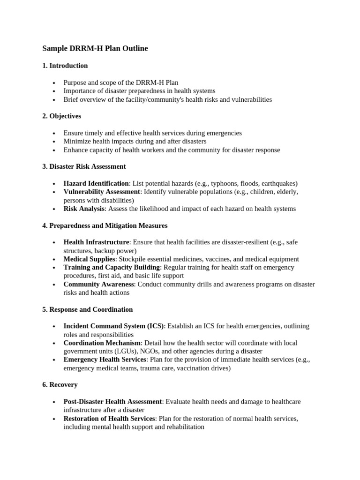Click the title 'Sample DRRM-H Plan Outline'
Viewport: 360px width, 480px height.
95,48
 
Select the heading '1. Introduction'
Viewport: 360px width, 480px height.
65,66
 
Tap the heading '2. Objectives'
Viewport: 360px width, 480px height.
61,116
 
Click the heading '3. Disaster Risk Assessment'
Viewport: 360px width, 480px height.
84,166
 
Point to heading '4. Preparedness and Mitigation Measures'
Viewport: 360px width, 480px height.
105,225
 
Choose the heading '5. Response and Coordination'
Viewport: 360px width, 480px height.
87,309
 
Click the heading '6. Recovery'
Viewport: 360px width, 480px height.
60,384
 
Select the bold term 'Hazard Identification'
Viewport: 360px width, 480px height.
96,183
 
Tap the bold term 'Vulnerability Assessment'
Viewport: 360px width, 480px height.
102,192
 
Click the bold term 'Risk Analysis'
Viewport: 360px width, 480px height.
84,209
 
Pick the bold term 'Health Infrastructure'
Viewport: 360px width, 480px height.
96,242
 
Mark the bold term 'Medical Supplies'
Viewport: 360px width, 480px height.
89,259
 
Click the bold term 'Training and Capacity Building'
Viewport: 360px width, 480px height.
112,267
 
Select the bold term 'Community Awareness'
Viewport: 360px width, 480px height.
98,284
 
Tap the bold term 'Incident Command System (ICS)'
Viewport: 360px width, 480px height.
113,326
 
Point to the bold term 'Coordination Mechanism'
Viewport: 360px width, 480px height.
102,343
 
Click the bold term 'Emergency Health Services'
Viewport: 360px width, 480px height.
105,360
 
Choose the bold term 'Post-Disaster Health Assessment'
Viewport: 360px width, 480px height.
112,401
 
